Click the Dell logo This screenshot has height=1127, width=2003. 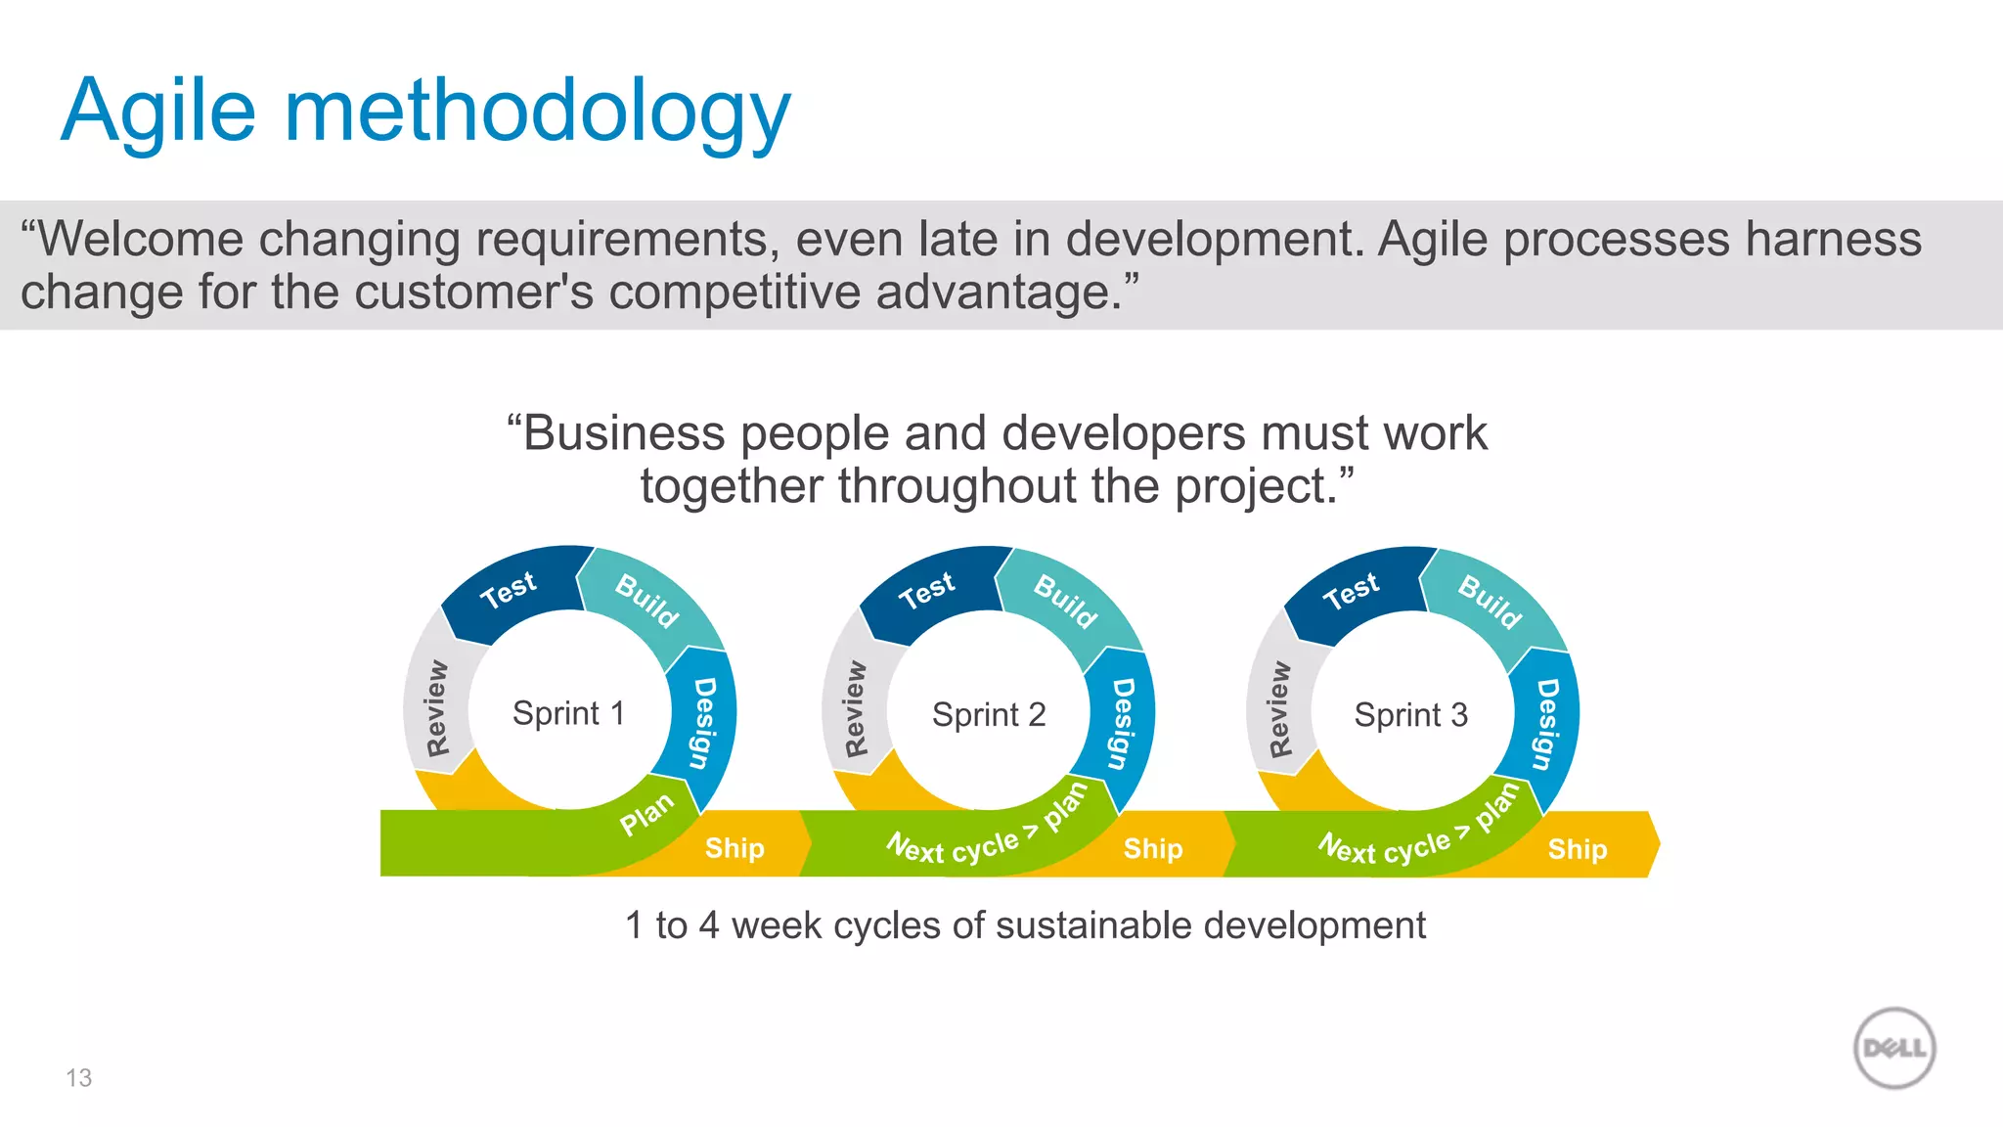pyautogui.click(x=1894, y=1048)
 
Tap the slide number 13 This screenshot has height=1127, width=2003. pyautogui.click(x=78, y=1077)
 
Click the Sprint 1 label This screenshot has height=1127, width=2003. pyautogui.click(x=568, y=713)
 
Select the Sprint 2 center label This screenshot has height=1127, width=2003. pyautogui.click(x=989, y=714)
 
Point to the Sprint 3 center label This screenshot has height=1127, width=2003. pyautogui.click(x=1410, y=715)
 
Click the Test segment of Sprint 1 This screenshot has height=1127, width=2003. pyautogui.click(x=509, y=590)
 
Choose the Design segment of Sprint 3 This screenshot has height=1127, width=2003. pyautogui.click(x=1546, y=724)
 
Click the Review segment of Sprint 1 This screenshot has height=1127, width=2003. pyautogui.click(x=436, y=708)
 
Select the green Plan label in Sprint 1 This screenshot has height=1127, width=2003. pyautogui.click(x=646, y=814)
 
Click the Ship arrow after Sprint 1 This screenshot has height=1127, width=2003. pyautogui.click(x=734, y=847)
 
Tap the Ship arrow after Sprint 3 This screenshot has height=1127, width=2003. pyautogui.click(x=1577, y=848)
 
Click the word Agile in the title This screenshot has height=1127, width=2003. pyautogui.click(x=158, y=111)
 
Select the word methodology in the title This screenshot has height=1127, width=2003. pyautogui.click(x=537, y=111)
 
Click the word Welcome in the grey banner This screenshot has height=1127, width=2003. pyautogui.click(x=140, y=240)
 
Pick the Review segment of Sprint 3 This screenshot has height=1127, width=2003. pyautogui.click(x=1279, y=709)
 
